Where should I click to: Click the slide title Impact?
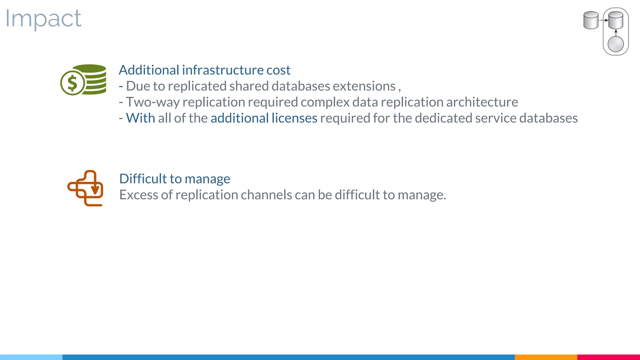(x=43, y=19)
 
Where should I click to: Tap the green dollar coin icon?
(x=72, y=83)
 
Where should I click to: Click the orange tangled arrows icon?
(x=85, y=188)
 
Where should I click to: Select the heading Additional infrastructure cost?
(x=204, y=70)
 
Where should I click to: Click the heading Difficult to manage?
(x=175, y=179)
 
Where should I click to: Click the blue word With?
(x=140, y=118)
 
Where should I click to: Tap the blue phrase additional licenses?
(x=264, y=118)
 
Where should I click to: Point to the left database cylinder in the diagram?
(x=591, y=20)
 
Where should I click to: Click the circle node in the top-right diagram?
(x=616, y=44)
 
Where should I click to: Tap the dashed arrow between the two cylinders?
(x=603, y=20)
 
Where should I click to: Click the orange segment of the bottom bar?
(x=546, y=357)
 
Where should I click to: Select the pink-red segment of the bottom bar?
(x=608, y=357)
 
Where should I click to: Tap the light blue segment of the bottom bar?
(x=31, y=357)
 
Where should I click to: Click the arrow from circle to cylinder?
(x=616, y=33)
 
